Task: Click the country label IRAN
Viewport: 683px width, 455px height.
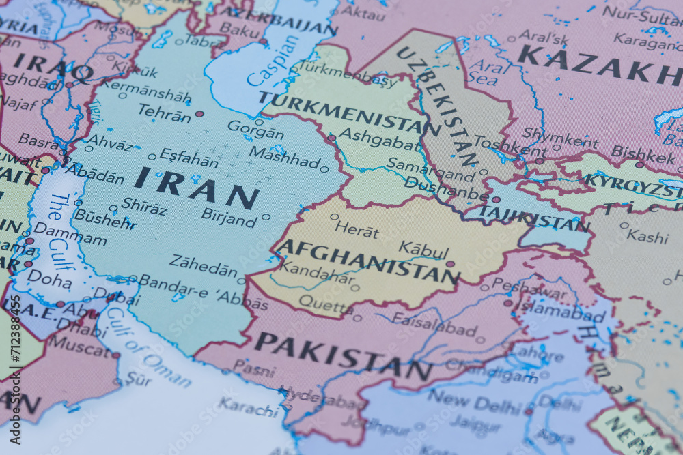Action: point(197,188)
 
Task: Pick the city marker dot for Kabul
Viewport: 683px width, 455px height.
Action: point(449,263)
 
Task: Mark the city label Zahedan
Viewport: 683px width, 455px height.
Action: point(203,265)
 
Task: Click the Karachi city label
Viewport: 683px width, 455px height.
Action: point(247,408)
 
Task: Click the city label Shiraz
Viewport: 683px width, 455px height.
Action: point(144,205)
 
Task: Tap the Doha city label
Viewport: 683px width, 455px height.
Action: point(49,278)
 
